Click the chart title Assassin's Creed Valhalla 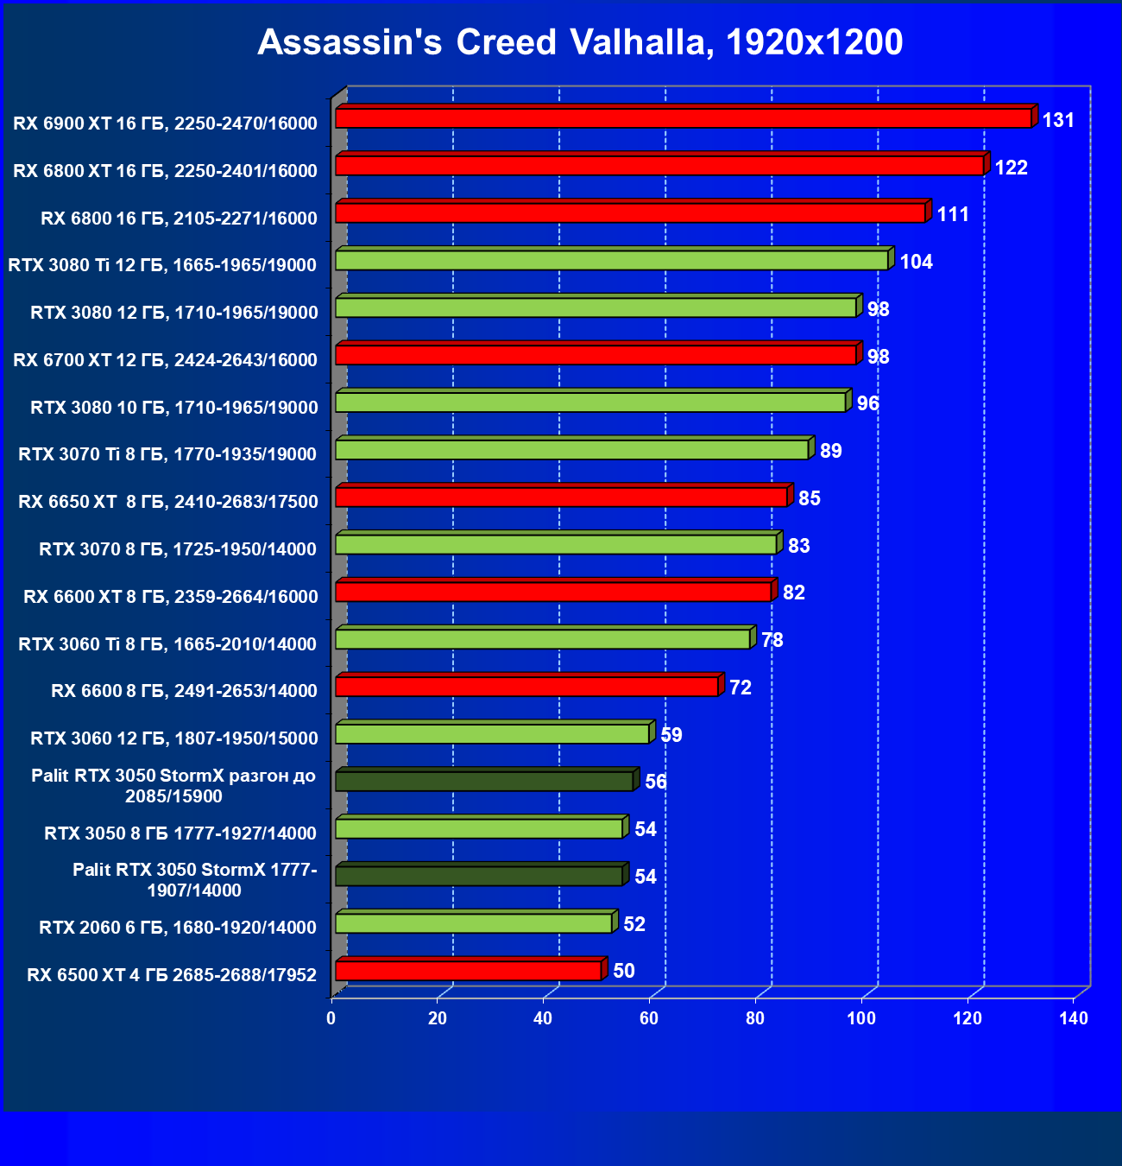pos(580,42)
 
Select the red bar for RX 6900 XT pos(683,118)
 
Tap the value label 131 pos(1058,120)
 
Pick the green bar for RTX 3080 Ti pos(612,260)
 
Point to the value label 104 pos(916,262)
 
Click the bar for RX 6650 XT pos(561,497)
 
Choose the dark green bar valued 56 pos(484,782)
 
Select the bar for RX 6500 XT pos(469,971)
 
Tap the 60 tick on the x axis pos(649,1018)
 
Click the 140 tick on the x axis pos(1074,1018)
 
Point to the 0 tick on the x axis pos(331,1018)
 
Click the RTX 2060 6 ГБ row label pos(178,928)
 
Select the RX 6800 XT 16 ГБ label pos(165,171)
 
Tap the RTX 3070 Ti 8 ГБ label pos(167,454)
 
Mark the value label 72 pos(740,688)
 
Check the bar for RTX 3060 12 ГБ pos(492,734)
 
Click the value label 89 pos(830,451)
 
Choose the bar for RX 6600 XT pos(553,592)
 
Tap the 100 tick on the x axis pos(861,1018)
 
